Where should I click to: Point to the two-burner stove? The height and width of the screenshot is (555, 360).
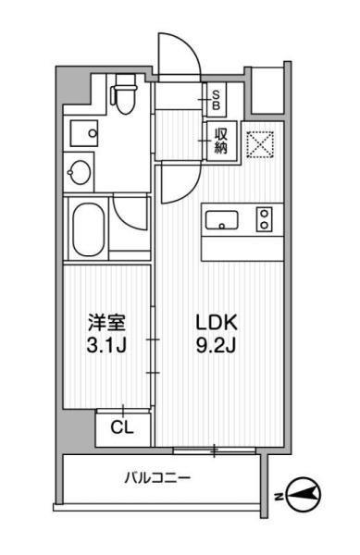coord(265,220)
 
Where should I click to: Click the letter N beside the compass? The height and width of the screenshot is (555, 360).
coord(278,498)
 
